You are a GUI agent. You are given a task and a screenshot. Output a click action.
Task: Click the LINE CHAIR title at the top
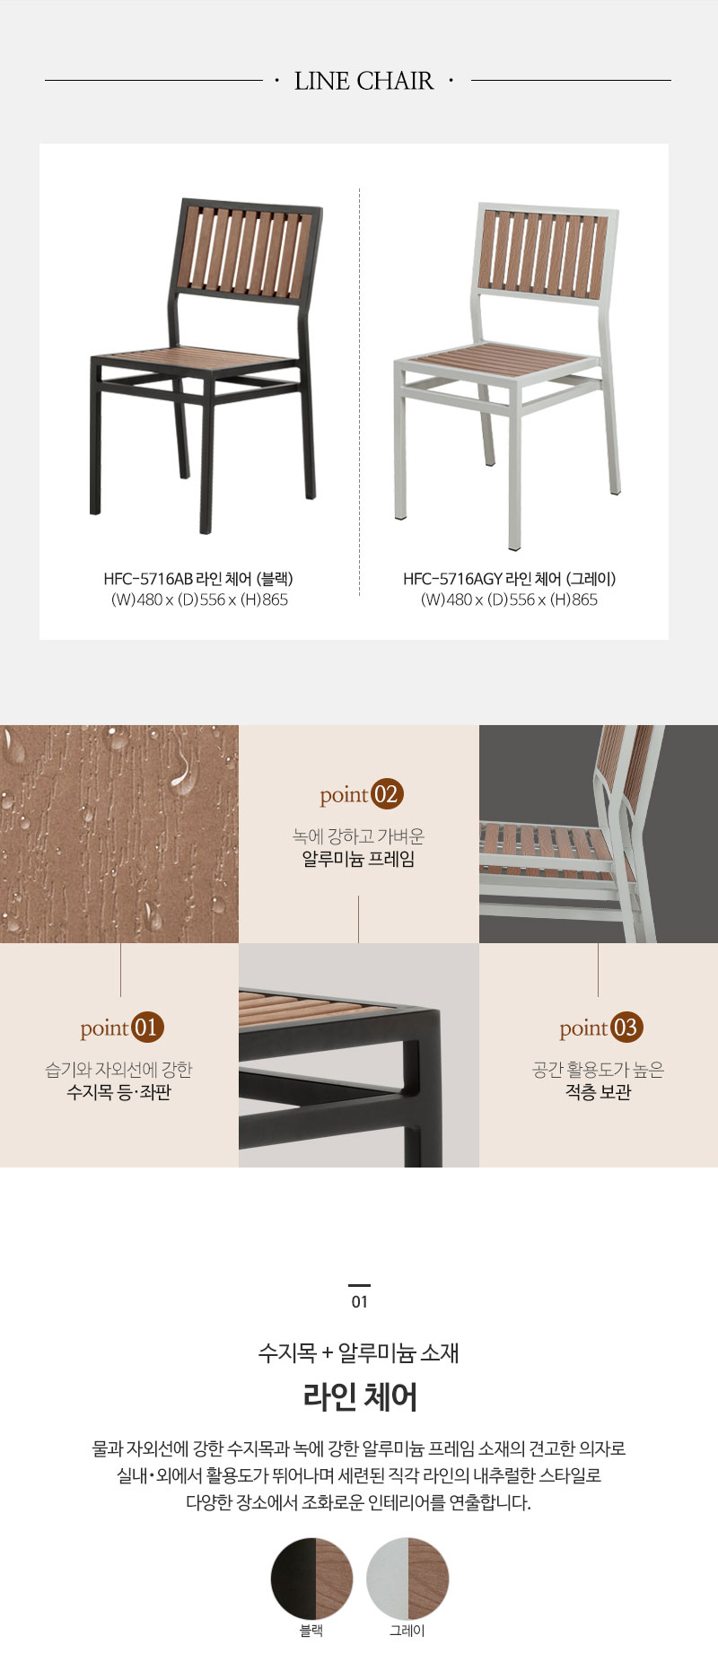pyautogui.click(x=363, y=81)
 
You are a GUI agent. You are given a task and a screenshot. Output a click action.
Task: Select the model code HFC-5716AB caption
pyautogui.click(x=197, y=579)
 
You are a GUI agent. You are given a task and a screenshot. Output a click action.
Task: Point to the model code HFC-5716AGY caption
pyautogui.click(x=509, y=579)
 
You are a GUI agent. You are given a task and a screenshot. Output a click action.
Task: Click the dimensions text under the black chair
pyautogui.click(x=199, y=599)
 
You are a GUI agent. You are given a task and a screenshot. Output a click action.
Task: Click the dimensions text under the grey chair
pyautogui.click(x=509, y=599)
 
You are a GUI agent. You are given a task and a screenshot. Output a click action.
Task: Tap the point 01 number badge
pyautogui.click(x=148, y=1028)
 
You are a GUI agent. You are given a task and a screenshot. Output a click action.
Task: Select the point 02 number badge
pyautogui.click(x=387, y=794)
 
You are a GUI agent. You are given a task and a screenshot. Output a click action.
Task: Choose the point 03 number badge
pyautogui.click(x=626, y=1028)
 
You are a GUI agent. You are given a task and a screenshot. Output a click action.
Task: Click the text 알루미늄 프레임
pyautogui.click(x=358, y=859)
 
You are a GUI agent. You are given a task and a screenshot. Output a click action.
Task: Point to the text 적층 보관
pyautogui.click(x=598, y=1092)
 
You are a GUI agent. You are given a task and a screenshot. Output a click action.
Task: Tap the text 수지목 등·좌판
pyautogui.click(x=118, y=1092)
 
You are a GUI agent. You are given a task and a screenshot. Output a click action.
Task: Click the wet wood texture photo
pyautogui.click(x=119, y=834)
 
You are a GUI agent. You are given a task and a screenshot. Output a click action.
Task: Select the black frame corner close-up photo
pyautogui.click(x=359, y=1055)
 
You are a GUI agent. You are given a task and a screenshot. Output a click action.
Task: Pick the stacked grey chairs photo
pyautogui.click(x=599, y=834)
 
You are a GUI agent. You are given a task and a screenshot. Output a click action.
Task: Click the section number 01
pyautogui.click(x=359, y=1301)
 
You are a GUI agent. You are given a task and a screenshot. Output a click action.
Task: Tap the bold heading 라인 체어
pyautogui.click(x=359, y=1396)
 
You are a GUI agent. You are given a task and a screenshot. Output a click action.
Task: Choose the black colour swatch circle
pyautogui.click(x=311, y=1579)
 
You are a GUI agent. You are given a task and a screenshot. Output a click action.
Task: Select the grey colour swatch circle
pyautogui.click(x=407, y=1579)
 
